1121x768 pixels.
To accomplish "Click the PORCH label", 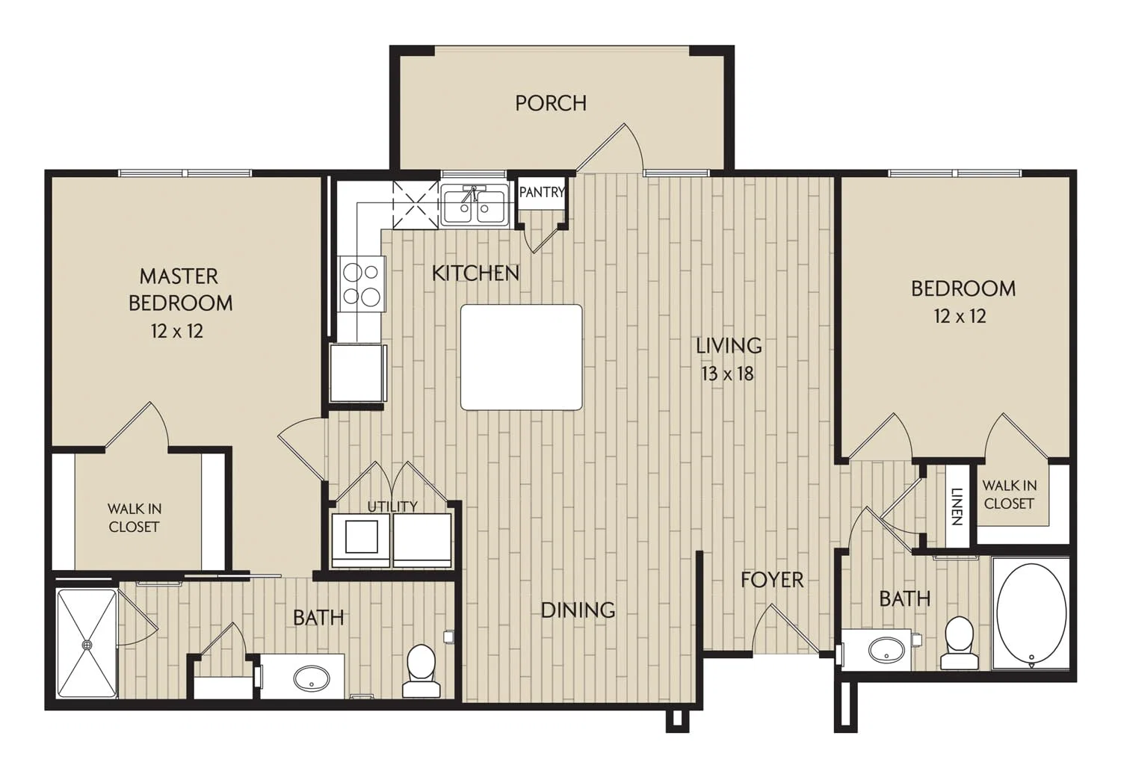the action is [x=551, y=103].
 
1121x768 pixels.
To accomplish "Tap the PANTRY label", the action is [x=542, y=191].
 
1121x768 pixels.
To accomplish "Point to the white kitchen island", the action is [x=522, y=357].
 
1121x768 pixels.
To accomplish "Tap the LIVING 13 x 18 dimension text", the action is [x=728, y=374].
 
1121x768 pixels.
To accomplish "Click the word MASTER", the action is [x=179, y=276].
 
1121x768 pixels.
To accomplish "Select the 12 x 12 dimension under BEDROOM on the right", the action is [x=960, y=316].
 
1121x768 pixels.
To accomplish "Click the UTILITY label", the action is [x=392, y=507].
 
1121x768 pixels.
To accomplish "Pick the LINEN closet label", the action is [x=957, y=507].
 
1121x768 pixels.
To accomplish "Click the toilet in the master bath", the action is [x=421, y=670].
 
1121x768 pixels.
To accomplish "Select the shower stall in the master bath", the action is [x=87, y=643].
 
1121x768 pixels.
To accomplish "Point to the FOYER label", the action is [x=772, y=580].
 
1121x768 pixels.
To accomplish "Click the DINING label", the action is [x=578, y=610].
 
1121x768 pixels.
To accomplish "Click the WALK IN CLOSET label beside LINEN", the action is [x=1009, y=495].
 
